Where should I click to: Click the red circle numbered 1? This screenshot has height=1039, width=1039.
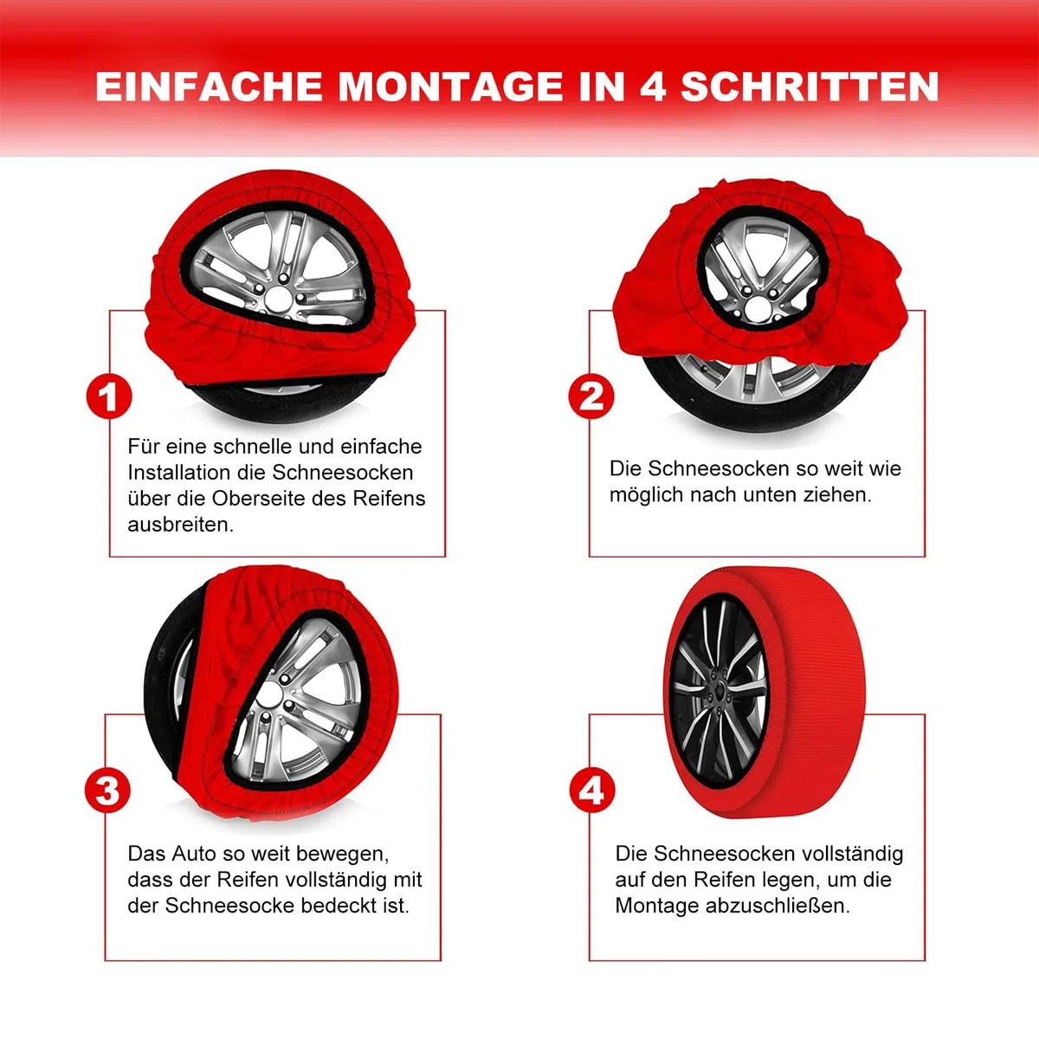(109, 397)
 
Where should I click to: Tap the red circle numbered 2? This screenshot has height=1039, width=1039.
(591, 397)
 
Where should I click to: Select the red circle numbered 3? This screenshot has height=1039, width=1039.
(108, 791)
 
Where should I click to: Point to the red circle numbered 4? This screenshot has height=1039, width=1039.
(592, 791)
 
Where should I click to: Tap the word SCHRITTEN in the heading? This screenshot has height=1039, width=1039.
(810, 87)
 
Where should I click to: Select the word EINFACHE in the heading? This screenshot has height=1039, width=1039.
(209, 87)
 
